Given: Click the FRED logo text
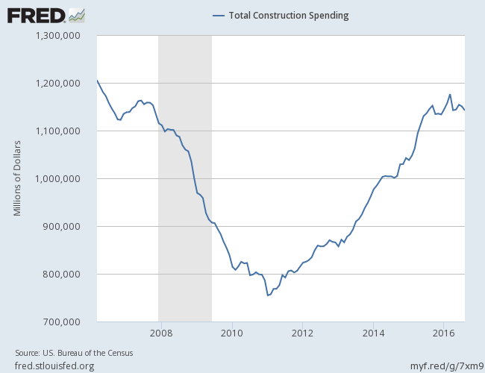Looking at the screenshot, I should [x=35, y=15].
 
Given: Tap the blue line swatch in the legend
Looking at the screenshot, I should [x=219, y=16].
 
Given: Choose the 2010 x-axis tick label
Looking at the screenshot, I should [x=232, y=333].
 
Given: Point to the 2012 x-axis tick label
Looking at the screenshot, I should [x=302, y=333].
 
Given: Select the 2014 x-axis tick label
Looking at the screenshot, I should [x=374, y=333].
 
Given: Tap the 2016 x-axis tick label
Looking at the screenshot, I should [x=445, y=333].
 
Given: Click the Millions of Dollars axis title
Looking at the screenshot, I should [x=17, y=178].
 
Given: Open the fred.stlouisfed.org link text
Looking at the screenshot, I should [x=54, y=365].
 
